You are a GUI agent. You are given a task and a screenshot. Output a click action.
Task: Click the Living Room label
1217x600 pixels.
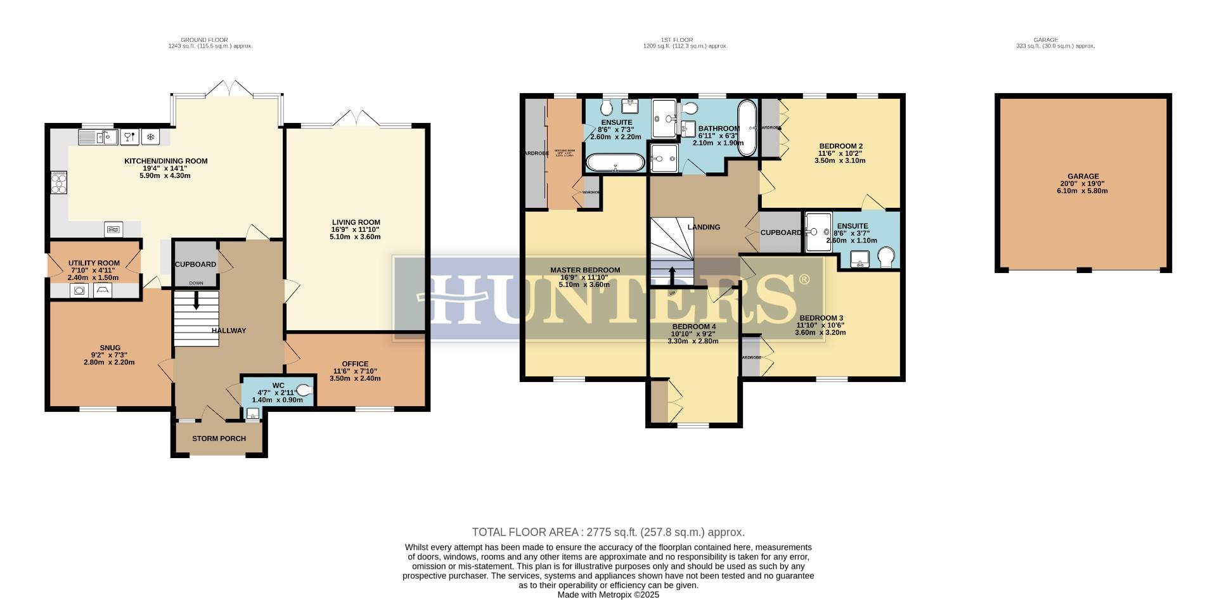(355, 222)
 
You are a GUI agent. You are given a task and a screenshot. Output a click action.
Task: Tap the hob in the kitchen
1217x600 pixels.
(59, 183)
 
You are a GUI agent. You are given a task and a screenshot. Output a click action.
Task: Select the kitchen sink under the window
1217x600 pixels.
(97, 136)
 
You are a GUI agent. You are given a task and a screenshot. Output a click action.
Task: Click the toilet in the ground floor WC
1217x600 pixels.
(305, 391)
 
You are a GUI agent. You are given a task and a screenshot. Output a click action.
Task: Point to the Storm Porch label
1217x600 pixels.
(219, 438)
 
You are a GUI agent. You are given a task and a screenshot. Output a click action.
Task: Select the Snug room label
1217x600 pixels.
(110, 348)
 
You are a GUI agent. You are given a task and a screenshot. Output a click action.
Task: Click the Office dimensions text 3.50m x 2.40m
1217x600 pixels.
(355, 378)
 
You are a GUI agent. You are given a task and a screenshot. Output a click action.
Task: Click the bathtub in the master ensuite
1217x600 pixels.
(614, 163)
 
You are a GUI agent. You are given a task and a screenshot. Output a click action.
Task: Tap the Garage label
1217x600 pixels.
(1083, 177)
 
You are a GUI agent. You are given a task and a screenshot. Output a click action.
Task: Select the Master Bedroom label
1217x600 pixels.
(585, 270)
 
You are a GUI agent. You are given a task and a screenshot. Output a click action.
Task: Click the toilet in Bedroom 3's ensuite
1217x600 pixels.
(887, 257)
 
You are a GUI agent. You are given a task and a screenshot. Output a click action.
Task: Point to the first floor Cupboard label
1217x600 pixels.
(780, 233)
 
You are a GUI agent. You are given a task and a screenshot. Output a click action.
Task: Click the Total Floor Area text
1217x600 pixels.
(608, 532)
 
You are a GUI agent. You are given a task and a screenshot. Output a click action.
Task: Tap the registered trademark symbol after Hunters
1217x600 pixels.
(803, 279)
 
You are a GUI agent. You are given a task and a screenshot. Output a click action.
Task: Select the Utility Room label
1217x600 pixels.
(94, 263)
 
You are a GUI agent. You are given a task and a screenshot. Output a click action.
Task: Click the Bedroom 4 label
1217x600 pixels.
(693, 326)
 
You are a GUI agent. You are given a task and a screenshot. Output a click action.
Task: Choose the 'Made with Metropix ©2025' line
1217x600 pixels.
(608, 595)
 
